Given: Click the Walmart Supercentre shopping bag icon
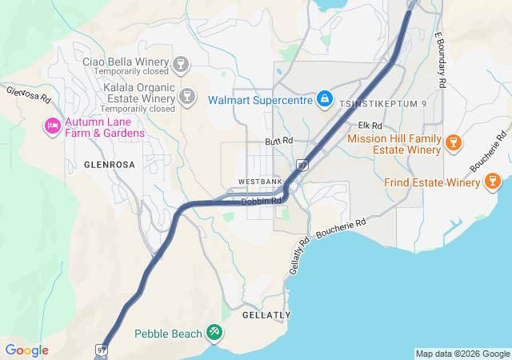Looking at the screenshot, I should pos(324,99).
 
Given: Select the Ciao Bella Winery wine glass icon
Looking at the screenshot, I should pos(182,62).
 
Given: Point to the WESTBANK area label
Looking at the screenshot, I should pos(260,182).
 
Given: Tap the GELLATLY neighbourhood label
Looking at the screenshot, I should pos(266,315).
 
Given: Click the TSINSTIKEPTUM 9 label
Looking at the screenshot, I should pos(383,104).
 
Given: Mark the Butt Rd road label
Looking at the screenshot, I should pos(280,141).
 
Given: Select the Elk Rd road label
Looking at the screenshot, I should pos(370,126).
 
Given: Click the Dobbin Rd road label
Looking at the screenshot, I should pos(262,201).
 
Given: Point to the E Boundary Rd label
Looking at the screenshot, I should pos(439,60).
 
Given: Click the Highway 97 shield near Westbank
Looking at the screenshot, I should pos(302,165).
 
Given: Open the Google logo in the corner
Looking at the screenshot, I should pos(26,350).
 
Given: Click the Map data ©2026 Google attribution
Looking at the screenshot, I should pos(462,354).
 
